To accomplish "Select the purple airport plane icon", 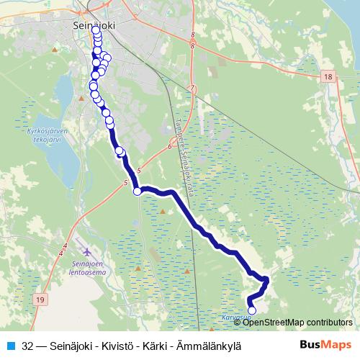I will click(x=88, y=253).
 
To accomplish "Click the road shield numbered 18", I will click(x=328, y=76).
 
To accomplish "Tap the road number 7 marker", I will click(x=192, y=89).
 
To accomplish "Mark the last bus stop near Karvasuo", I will click(x=251, y=311).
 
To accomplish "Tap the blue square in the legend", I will click(x=10, y=346).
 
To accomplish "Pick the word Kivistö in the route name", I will click(x=122, y=346).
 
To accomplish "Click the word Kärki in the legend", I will click(x=160, y=346).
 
